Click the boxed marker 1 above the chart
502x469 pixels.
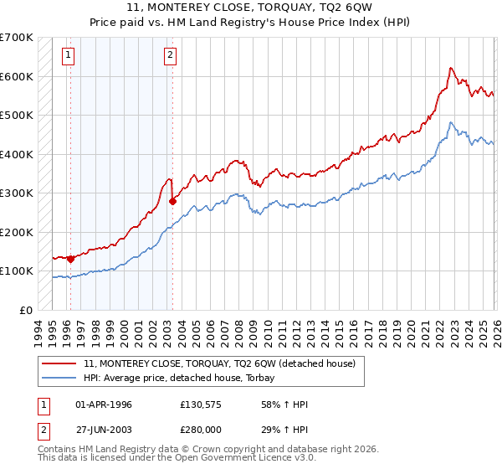click(68, 56)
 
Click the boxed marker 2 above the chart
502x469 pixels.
click(170, 56)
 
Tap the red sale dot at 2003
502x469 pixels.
click(172, 201)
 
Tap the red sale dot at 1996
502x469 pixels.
click(70, 259)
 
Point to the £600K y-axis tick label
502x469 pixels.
click(17, 76)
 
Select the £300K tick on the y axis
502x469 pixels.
click(17, 193)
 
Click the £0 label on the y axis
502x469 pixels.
click(25, 310)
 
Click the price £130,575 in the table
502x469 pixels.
click(201, 405)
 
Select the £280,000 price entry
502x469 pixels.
click(201, 429)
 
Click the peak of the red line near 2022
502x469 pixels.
click(451, 68)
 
